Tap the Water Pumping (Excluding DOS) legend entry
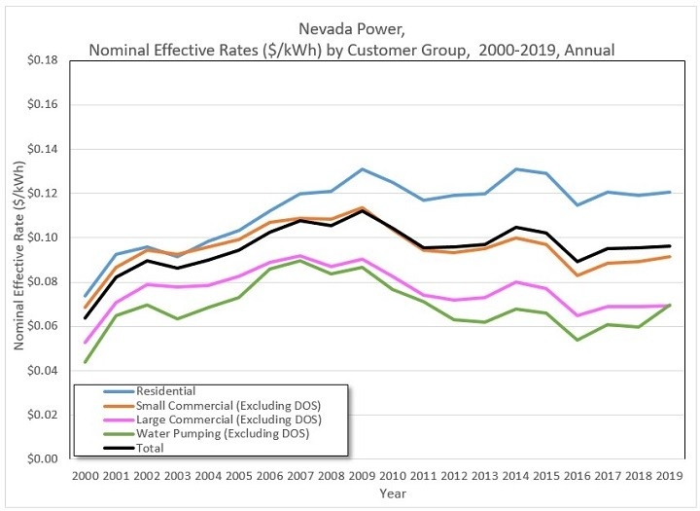pos(208,434)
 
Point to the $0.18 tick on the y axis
pos(44,60)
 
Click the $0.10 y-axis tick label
pos(44,237)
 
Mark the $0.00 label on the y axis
pos(44,459)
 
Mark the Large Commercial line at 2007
pos(300,256)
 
